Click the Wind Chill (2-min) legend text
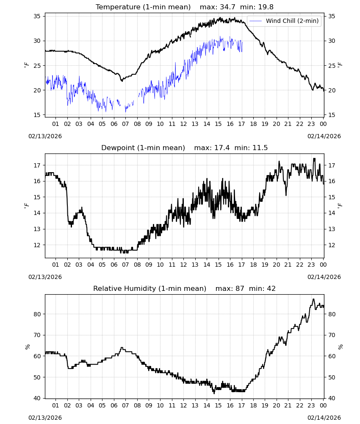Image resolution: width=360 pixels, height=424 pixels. click(292, 21)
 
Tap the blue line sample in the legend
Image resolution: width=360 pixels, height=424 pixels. click(255, 21)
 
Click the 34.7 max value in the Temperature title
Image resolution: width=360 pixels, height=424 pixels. click(227, 7)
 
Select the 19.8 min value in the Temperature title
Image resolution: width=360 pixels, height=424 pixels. click(266, 7)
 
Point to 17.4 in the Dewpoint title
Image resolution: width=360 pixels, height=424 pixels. click(222, 148)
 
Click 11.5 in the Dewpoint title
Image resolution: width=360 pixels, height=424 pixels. click(260, 148)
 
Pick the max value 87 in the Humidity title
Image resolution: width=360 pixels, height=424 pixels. click(240, 288)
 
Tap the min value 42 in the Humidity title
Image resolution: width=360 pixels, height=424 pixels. click(271, 288)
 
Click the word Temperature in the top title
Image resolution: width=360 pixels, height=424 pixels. click(118, 7)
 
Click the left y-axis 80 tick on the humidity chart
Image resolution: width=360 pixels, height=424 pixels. click(37, 314)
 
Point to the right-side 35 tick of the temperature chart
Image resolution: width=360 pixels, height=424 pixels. click(332, 16)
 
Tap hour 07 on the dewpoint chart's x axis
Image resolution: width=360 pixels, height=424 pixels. click(125, 265)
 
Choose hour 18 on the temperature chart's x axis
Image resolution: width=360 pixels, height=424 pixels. click(253, 124)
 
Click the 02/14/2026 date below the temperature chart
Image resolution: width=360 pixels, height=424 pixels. click(324, 136)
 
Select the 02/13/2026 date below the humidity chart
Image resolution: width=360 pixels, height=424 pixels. click(45, 418)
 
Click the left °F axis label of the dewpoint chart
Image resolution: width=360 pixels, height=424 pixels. click(26, 206)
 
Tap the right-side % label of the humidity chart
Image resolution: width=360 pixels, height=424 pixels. click(341, 347)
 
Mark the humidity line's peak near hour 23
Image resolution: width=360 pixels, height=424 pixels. click(313, 299)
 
